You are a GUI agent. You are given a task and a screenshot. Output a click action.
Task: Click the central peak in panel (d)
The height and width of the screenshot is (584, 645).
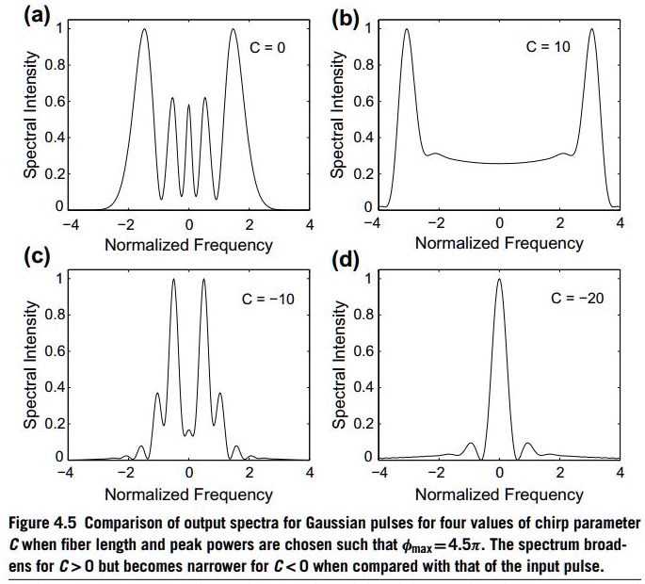point(499,280)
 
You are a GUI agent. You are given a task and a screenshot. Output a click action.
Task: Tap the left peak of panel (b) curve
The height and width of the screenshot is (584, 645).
point(406,29)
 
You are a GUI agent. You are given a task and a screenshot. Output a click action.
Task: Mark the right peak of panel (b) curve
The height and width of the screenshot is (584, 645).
point(592,29)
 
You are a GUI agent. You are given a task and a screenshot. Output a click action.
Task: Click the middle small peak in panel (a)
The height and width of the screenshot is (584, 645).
point(188,105)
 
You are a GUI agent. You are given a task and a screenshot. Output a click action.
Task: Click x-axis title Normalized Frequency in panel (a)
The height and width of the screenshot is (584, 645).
point(188,245)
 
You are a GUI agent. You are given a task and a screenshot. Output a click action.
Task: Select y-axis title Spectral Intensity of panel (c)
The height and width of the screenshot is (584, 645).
point(30,369)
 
